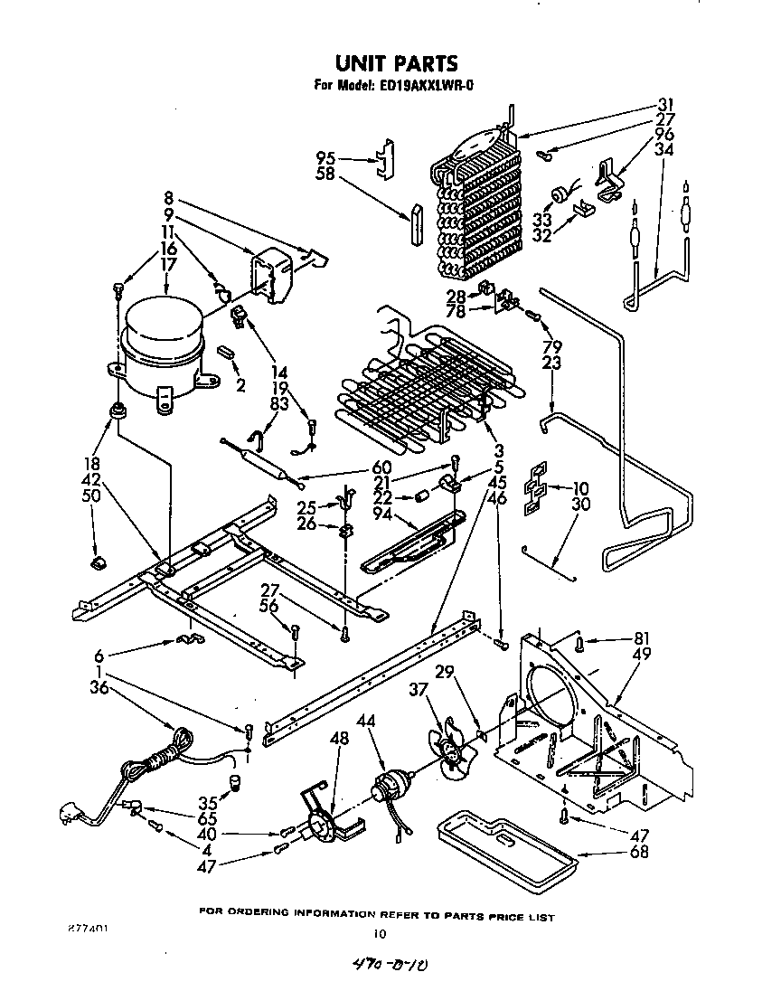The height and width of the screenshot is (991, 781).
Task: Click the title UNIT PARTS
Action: pos(396,63)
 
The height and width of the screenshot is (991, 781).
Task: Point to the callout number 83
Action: pos(279,403)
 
